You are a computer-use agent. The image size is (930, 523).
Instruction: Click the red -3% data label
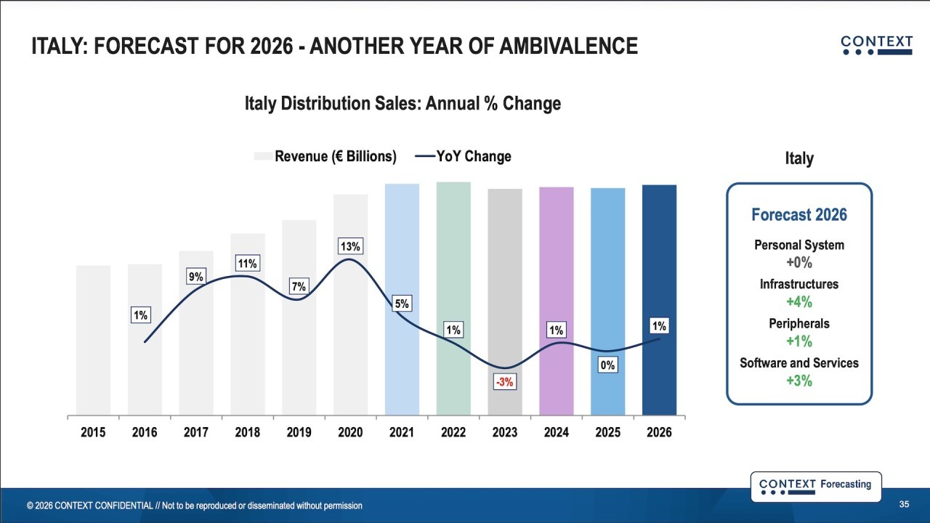(504, 381)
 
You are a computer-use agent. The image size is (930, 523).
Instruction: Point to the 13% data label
(350, 247)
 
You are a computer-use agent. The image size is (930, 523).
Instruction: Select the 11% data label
(247, 264)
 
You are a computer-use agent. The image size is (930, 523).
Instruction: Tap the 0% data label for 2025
(607, 365)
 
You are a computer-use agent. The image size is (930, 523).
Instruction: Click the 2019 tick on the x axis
(299, 432)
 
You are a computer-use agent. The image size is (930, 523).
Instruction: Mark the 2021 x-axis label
(402, 432)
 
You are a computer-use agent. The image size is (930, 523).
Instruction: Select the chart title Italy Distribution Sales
(403, 103)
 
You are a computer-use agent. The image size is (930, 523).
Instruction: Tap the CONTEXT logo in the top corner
(876, 45)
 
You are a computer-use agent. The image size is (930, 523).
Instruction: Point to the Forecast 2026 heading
(798, 215)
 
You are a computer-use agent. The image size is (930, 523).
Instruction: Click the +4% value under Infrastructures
(798, 302)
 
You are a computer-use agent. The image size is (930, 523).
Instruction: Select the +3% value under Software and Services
(798, 381)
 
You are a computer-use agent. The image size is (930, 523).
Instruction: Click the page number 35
(904, 504)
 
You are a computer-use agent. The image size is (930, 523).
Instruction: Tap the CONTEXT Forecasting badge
(815, 486)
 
